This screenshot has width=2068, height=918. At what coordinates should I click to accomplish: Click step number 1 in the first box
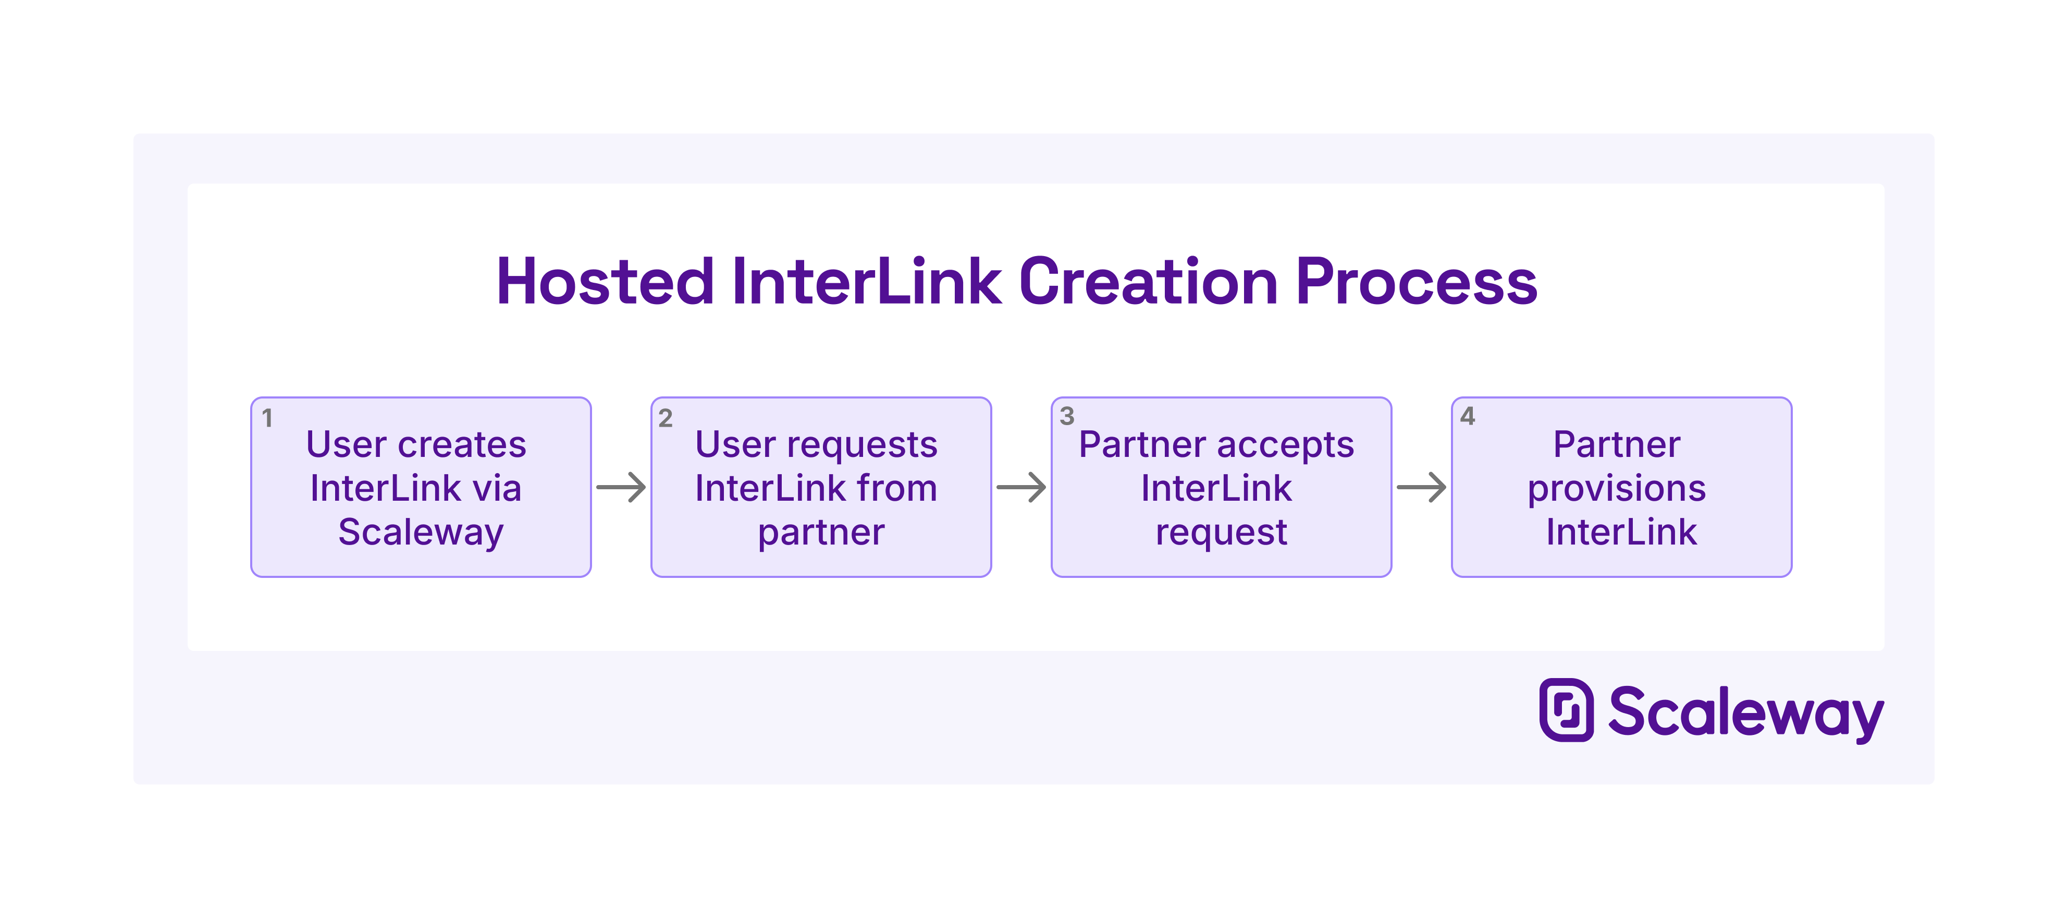[x=267, y=418]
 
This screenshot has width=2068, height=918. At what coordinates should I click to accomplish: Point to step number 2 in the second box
[x=666, y=418]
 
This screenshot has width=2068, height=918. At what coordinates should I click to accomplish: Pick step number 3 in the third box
[x=1066, y=416]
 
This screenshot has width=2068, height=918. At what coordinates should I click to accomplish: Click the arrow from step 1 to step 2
[x=621, y=488]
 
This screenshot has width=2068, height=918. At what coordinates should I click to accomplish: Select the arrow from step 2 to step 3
[x=1021, y=488]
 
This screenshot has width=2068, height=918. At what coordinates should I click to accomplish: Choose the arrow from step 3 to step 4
[x=1422, y=488]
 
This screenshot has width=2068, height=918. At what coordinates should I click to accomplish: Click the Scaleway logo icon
[x=1566, y=710]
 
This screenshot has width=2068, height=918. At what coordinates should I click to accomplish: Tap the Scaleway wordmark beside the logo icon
[x=1745, y=712]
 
